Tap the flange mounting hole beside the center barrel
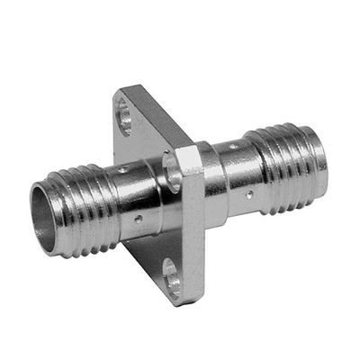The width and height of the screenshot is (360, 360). click(x=170, y=172)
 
